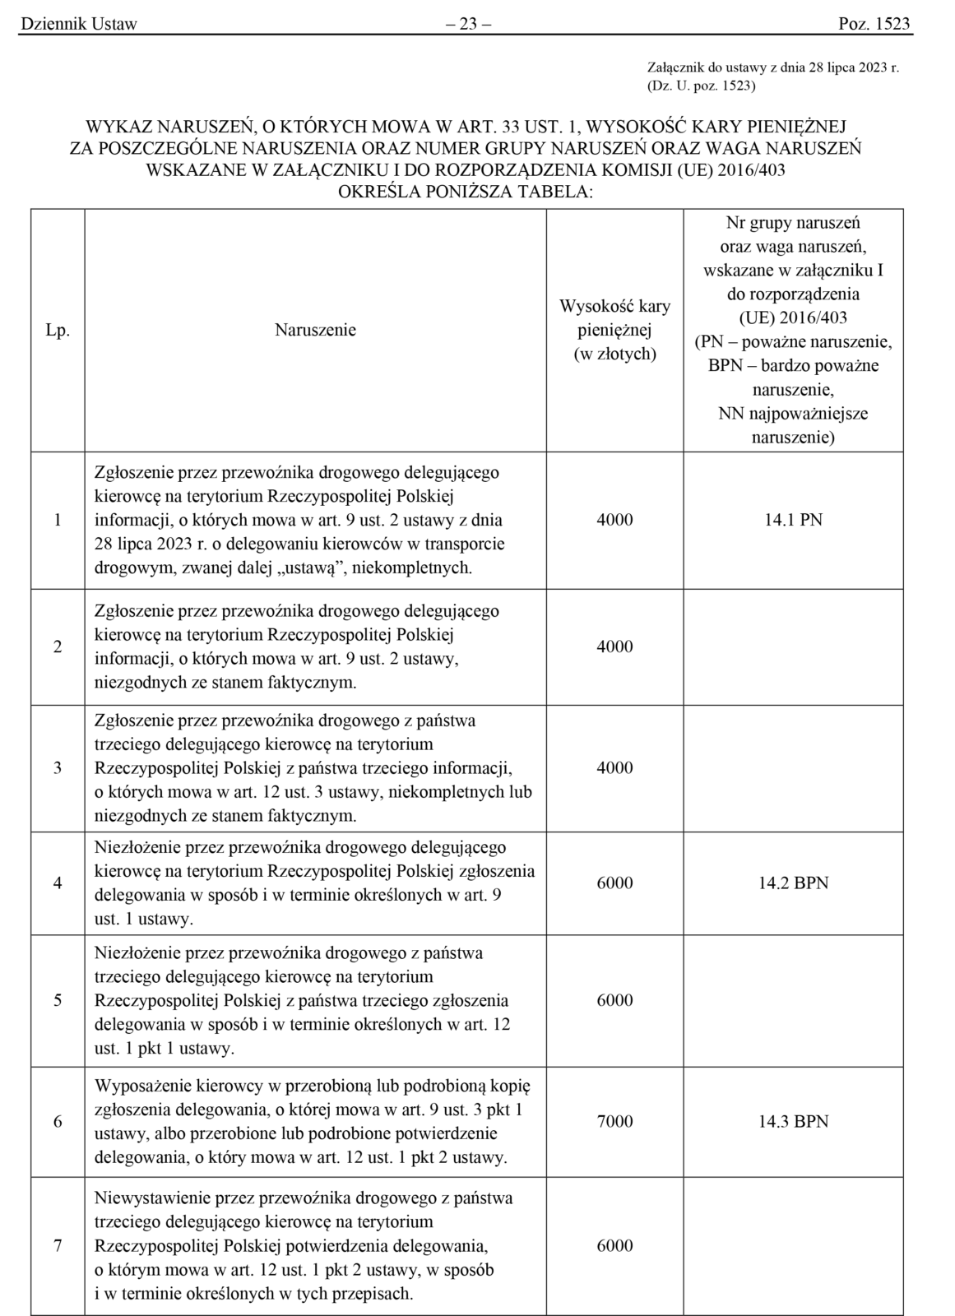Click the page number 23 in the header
coord(467,24)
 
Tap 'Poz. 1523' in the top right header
coord(874,24)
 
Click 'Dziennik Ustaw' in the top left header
coord(79,24)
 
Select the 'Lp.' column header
coord(58,331)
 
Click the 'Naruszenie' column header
coord(315,331)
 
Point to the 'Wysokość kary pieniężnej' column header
coord(614,330)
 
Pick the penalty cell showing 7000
coord(614,1122)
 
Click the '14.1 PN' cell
coord(793,520)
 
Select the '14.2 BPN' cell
coord(793,883)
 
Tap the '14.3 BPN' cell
coord(793,1122)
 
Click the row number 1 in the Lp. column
coord(58,520)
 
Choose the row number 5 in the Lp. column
coord(58,1001)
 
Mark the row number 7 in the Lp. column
coord(58,1246)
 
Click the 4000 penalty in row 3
coord(614,768)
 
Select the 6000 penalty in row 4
coord(614,883)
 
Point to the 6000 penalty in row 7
coord(614,1246)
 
